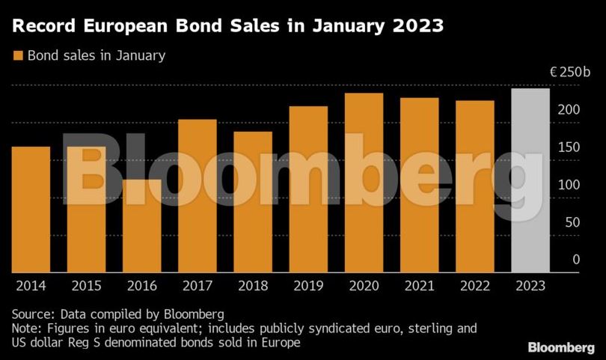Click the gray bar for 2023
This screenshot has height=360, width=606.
530,180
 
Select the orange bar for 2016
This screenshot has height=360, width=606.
142,226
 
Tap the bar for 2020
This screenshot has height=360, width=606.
364,183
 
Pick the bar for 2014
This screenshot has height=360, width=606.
31,210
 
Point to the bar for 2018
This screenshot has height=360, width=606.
253,202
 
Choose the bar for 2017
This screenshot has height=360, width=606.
197,196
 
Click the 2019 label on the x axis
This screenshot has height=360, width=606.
308,286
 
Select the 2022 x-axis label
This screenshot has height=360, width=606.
475,286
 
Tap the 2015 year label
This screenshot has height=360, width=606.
87,286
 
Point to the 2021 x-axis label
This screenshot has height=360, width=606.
419,286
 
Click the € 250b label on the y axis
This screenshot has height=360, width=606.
570,72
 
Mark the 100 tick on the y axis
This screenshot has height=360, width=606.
569,185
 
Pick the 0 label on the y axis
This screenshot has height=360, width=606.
576,260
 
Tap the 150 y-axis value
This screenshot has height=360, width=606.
569,147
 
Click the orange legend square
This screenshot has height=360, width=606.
18,55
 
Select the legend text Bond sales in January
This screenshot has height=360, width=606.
97,55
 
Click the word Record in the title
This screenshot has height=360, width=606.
43,26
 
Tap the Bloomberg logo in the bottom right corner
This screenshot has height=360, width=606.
561,347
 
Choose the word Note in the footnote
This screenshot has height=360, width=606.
26,328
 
